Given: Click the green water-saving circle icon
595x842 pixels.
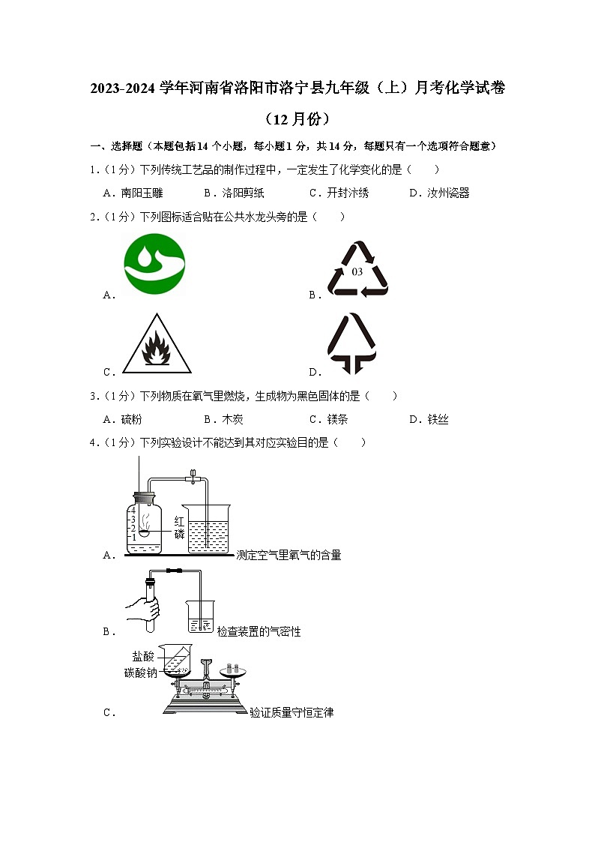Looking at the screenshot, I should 154,264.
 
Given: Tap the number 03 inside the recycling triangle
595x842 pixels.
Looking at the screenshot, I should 357,271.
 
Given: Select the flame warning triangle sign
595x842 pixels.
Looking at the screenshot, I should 157,346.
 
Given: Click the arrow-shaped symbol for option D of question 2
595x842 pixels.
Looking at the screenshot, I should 352,343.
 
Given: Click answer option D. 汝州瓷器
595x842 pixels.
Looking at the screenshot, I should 439,193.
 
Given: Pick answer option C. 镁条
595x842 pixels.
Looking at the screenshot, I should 328,420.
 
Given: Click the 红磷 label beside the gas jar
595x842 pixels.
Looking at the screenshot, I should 179,527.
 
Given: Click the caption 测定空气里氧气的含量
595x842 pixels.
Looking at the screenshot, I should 289,556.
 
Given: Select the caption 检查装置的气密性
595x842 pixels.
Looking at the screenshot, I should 259,632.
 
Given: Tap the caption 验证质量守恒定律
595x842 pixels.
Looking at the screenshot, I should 292,713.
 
